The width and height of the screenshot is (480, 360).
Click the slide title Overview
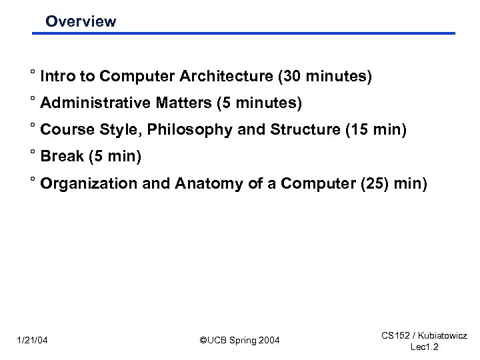click(80, 21)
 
